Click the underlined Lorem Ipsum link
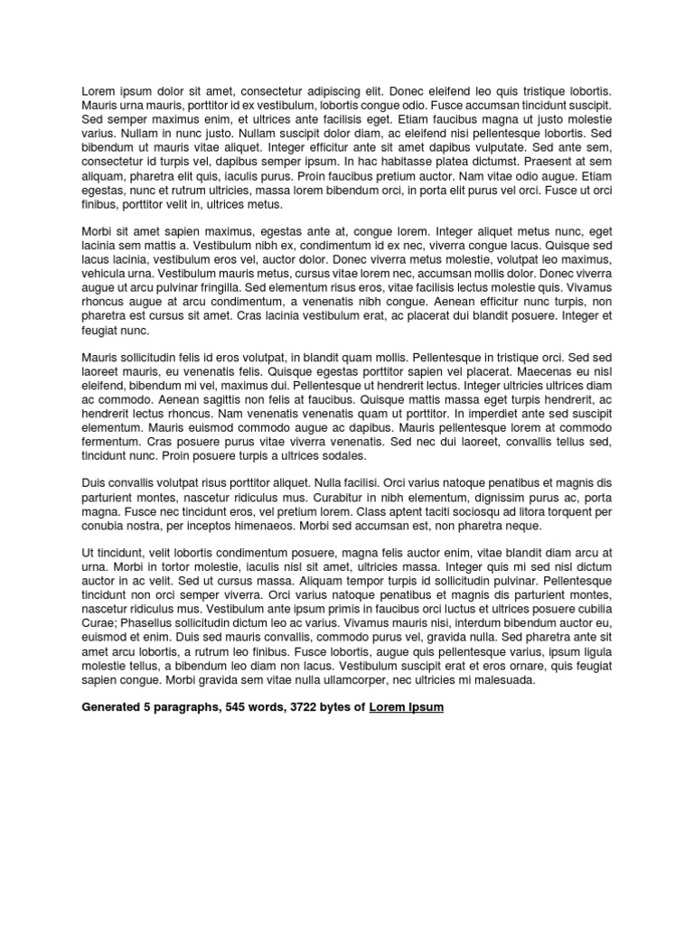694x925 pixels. [407, 707]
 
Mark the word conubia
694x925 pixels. [104, 526]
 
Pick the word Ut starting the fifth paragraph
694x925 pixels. [88, 554]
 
